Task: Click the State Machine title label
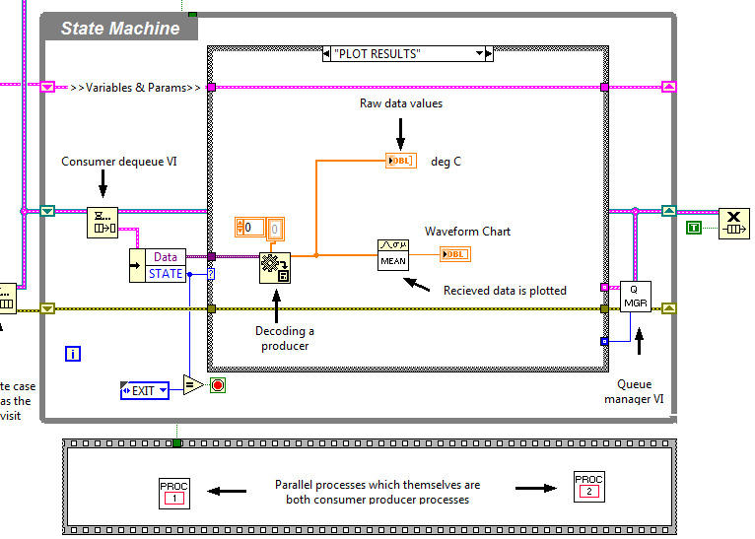point(120,29)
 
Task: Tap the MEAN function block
point(392,254)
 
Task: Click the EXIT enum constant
point(144,390)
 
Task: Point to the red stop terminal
point(218,385)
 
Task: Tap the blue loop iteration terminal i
point(73,354)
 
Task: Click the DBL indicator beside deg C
point(401,161)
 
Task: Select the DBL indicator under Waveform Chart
point(455,254)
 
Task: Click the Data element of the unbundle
point(165,257)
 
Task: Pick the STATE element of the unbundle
point(165,273)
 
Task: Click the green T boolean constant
point(694,228)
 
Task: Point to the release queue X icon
point(733,224)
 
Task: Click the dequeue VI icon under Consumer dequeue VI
point(102,223)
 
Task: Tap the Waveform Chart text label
point(467,232)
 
